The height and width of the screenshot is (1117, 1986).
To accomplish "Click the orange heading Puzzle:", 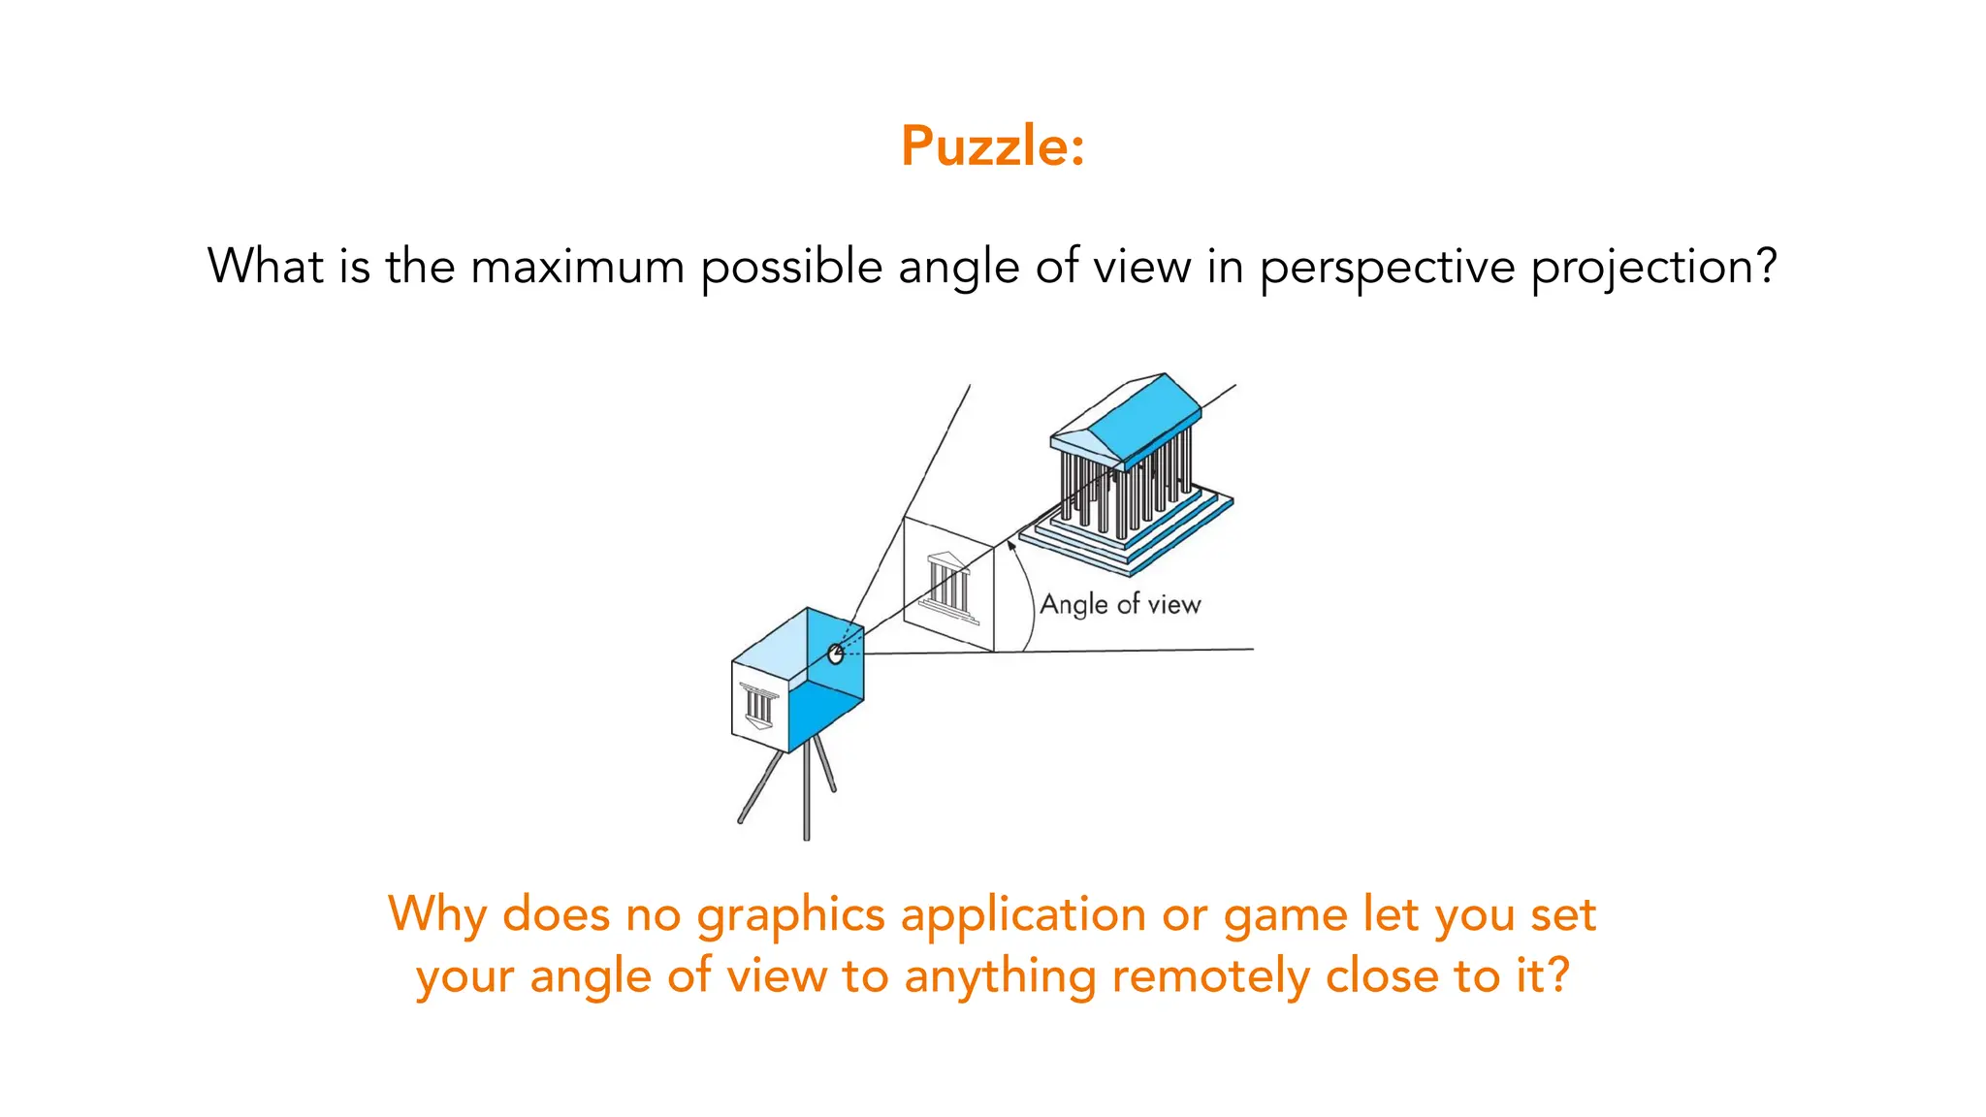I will (992, 146).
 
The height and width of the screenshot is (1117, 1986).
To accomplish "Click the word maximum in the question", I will (577, 267).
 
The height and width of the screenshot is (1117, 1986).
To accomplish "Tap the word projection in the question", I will (1653, 267).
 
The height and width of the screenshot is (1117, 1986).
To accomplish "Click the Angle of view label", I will (1120, 604).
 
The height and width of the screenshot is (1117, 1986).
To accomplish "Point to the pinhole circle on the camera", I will (835, 654).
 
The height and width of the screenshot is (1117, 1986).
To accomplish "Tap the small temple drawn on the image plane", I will (947, 582).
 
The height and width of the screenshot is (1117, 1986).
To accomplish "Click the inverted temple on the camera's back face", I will (758, 706).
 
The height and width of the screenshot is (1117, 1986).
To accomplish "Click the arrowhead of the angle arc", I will (1010, 546).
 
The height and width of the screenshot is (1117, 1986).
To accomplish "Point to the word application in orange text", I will (1023, 914).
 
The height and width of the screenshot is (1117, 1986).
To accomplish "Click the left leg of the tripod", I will (759, 787).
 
